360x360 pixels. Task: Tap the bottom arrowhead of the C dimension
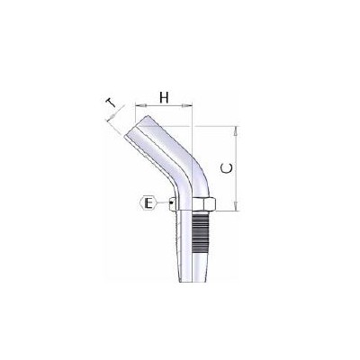pos(236,209)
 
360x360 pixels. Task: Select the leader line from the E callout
pos(165,205)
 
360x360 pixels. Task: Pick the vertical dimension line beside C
pos(236,180)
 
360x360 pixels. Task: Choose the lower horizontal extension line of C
pos(225,211)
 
